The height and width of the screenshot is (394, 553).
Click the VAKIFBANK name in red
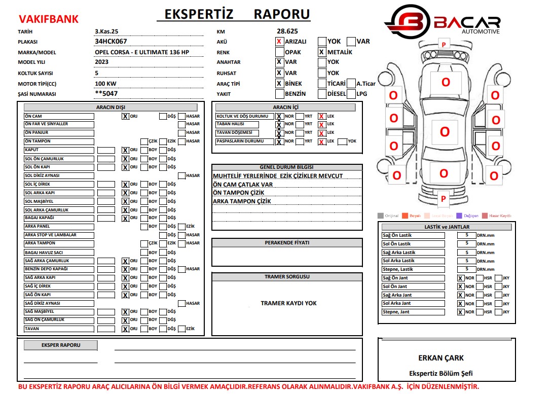[x=49, y=19]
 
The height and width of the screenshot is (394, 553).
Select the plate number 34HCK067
[x=110, y=42]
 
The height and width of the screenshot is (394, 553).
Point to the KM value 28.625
[x=287, y=31]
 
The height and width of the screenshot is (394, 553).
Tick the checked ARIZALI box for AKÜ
[x=279, y=42]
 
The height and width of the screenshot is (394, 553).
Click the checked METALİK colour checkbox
[x=321, y=52]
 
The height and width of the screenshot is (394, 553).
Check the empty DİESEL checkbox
[x=321, y=94]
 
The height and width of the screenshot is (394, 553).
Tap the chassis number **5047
[x=106, y=94]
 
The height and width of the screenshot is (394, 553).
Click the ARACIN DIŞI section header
[x=110, y=108]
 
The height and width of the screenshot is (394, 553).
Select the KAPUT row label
[x=59, y=150]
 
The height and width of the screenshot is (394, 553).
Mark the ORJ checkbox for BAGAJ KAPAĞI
[x=125, y=219]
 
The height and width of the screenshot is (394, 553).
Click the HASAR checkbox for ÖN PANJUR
[x=181, y=133]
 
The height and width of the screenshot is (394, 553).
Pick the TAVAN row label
[x=59, y=329]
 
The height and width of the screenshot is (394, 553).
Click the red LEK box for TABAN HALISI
[x=321, y=125]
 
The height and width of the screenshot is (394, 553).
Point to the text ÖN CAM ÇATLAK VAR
[x=243, y=185]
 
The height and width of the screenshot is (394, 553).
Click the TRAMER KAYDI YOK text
[x=288, y=303]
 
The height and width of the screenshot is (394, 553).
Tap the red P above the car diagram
[x=444, y=45]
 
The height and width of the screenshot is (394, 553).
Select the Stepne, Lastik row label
[x=413, y=269]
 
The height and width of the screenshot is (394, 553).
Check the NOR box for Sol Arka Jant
[x=460, y=304]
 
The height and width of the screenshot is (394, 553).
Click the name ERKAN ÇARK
[x=440, y=358]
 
